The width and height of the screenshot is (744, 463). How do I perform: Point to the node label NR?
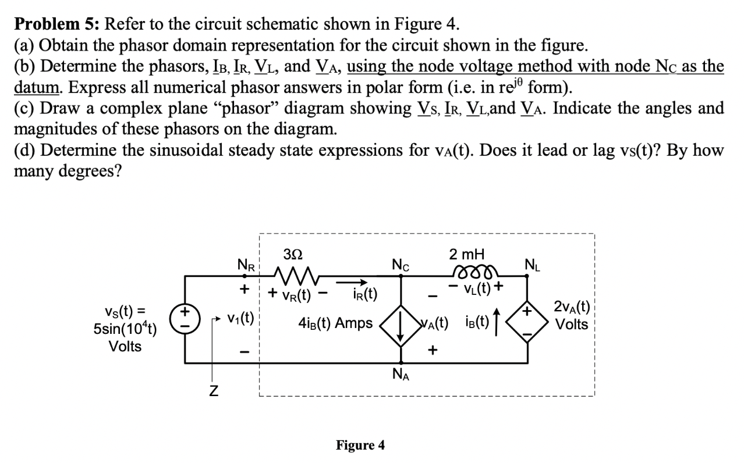pyautogui.click(x=246, y=266)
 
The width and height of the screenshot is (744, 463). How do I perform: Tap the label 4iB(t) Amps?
pyautogui.click(x=335, y=323)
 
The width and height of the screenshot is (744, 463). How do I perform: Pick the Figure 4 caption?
pyautogui.click(x=360, y=446)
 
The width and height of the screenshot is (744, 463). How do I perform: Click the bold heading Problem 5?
pyautogui.click(x=56, y=24)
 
